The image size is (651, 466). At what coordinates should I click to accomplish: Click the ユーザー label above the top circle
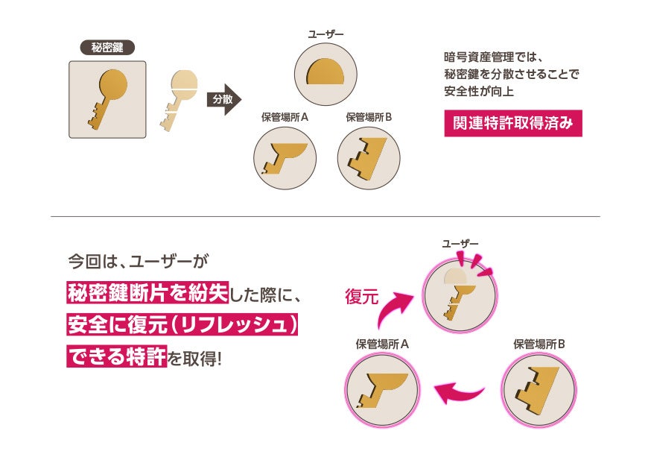click(x=325, y=34)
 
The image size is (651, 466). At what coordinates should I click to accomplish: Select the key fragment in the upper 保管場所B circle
click(x=368, y=157)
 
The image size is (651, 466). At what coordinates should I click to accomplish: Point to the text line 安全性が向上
click(x=479, y=92)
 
